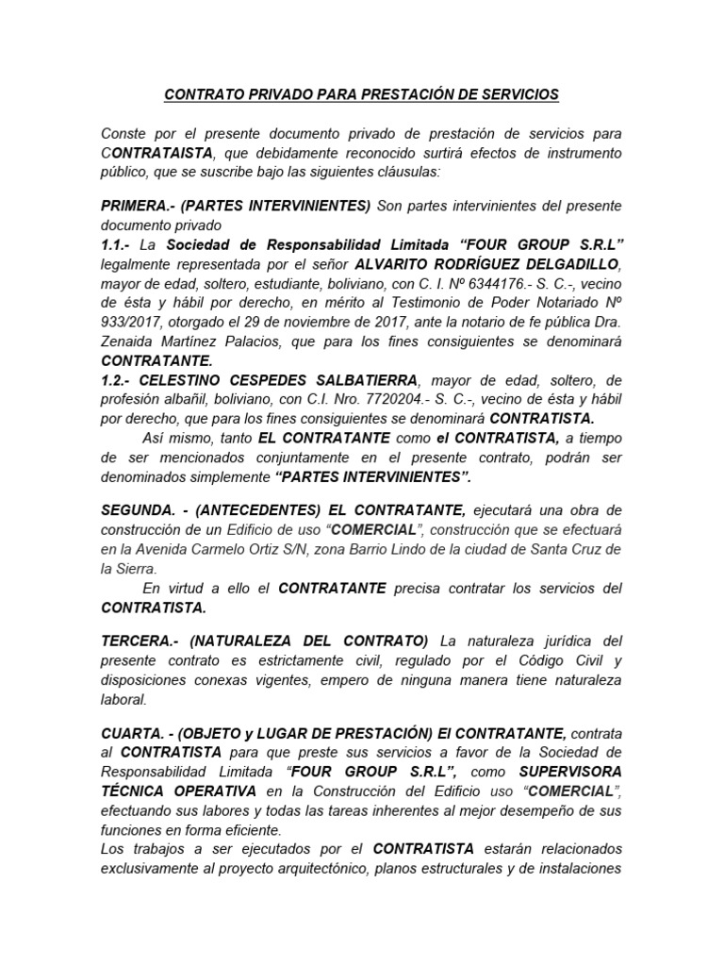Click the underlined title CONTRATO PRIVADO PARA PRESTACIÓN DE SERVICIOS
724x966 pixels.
(x=362, y=94)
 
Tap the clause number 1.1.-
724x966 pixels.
(x=120, y=243)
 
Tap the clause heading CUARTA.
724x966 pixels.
(x=132, y=732)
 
